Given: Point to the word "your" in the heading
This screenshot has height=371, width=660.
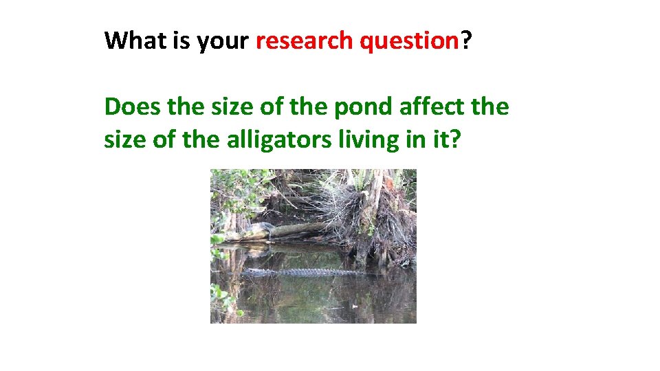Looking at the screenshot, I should (x=222, y=42).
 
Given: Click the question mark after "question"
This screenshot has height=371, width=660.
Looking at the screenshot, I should (x=467, y=41).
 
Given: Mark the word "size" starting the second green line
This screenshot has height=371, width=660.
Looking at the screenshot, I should (x=122, y=139).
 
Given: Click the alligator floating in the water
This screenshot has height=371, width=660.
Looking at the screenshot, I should (x=302, y=273).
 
